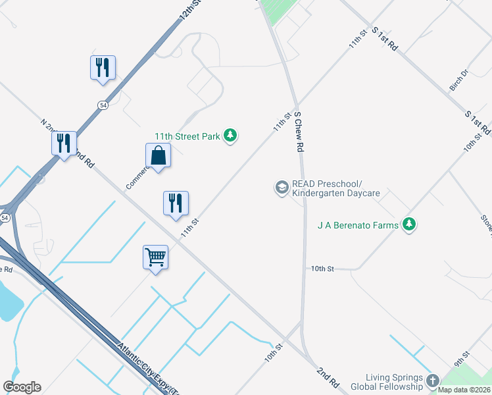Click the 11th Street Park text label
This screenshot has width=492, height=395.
click(x=187, y=136)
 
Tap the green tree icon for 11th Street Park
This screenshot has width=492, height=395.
click(x=230, y=136)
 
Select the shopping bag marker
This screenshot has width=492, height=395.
click(x=159, y=157)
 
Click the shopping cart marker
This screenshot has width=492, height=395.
click(x=156, y=257)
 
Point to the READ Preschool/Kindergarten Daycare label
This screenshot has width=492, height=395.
click(x=336, y=188)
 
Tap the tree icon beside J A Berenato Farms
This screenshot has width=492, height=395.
click(x=410, y=224)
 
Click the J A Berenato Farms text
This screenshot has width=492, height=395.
click(x=358, y=225)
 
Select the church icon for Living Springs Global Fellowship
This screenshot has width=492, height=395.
click(x=433, y=380)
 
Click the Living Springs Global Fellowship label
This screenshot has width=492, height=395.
click(x=386, y=381)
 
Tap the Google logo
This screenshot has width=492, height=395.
click(x=22, y=387)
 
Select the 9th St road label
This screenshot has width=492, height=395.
click(x=462, y=360)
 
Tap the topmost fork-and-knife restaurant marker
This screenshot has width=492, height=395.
click(x=103, y=68)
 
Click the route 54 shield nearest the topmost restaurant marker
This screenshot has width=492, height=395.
click(x=103, y=105)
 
